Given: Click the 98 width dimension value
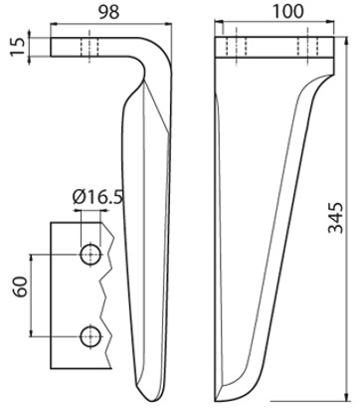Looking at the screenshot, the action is pos(109,13).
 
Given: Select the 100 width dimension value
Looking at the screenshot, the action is pos(287,12).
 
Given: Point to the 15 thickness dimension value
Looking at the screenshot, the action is pos(18,47).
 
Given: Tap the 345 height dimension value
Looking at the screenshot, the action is pos(335,217).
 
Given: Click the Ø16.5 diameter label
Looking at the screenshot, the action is pos(97,197).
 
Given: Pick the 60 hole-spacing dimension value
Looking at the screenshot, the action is pos(20,287).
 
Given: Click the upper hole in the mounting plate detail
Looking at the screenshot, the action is pos(90,255).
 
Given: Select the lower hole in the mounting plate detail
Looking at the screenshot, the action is pos(90,337).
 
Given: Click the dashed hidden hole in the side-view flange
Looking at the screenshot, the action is pos(90,47).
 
